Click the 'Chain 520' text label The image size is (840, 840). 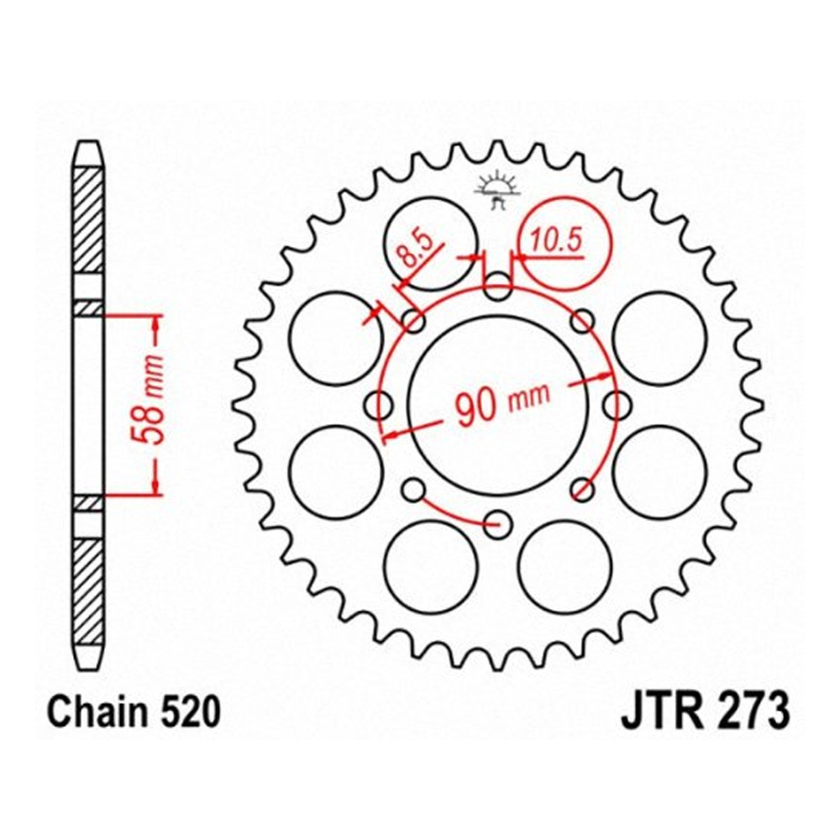point(135,712)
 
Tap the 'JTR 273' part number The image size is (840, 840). point(704,712)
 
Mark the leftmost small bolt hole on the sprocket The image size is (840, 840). point(379,405)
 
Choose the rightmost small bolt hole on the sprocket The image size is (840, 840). point(619,405)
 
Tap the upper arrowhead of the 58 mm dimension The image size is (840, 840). point(155,332)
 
